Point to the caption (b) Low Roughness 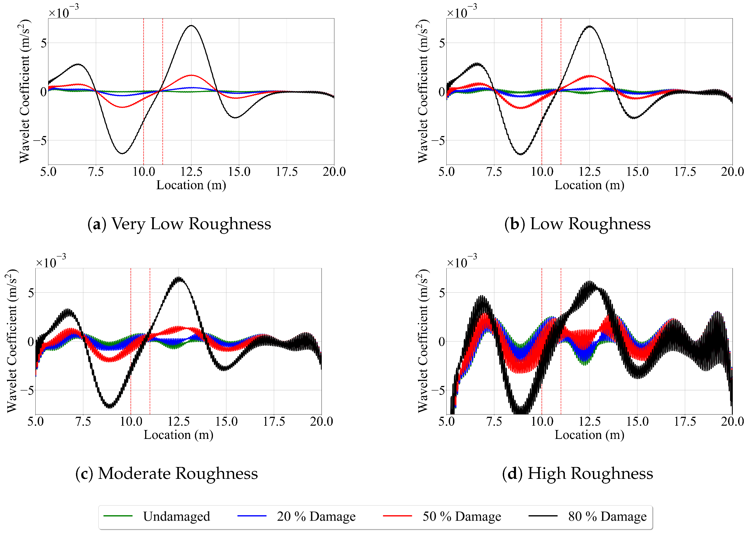pyautogui.click(x=577, y=224)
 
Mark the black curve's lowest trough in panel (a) pyautogui.click(x=122, y=154)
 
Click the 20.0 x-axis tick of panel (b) pyautogui.click(x=732, y=172)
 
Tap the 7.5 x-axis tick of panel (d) pyautogui.click(x=494, y=421)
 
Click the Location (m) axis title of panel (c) pyautogui.click(x=178, y=435)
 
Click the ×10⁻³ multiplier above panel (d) pyautogui.click(x=461, y=262)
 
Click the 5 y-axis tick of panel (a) pyautogui.click(x=44, y=43)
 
